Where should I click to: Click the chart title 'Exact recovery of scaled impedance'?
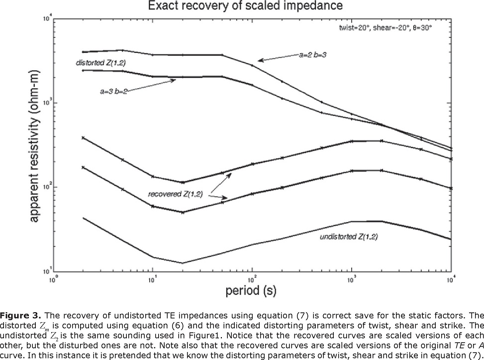pos(242,7)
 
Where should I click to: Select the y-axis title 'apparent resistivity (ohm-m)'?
pos(31,144)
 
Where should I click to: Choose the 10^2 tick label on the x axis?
pos(252,279)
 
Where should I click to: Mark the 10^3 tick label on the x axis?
pos(352,279)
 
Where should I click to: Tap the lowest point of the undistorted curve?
pos(183,263)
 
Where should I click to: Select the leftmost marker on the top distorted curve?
pos(83,52)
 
